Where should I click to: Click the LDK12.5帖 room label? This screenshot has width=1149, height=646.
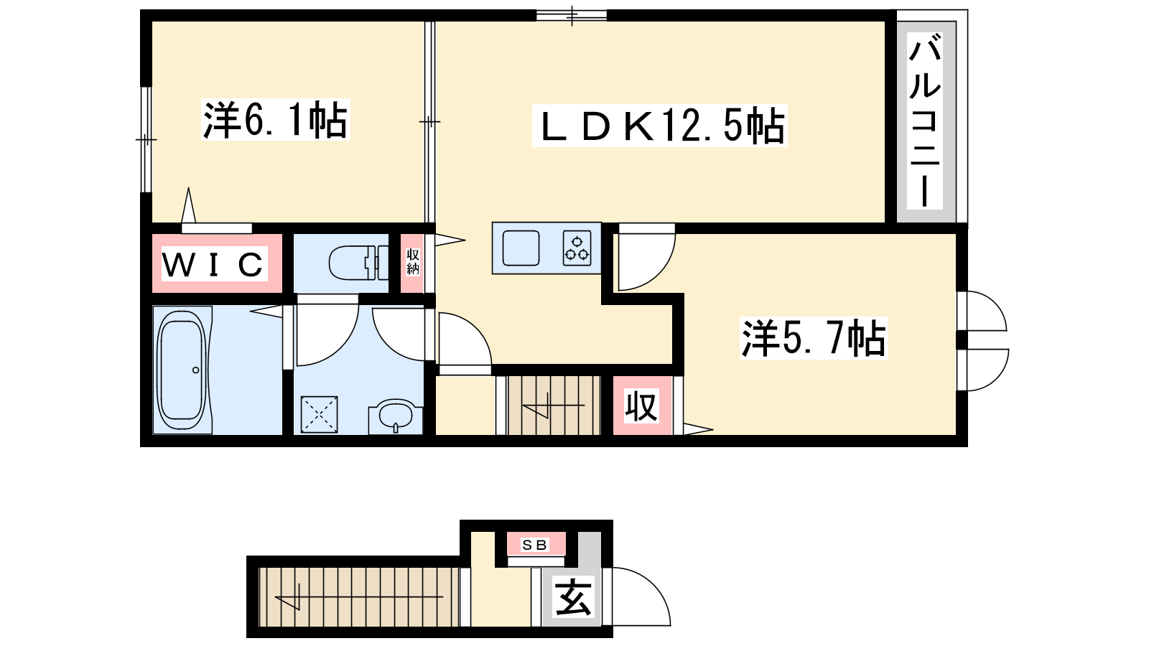pos(660,126)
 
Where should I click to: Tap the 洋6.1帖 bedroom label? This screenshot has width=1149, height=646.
pos(276,119)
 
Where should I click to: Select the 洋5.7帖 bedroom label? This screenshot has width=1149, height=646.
pos(814,338)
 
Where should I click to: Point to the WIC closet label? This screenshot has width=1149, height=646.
pos(215,264)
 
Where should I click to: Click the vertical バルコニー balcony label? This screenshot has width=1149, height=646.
pos(924,121)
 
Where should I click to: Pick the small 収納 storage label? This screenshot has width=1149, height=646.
pos(412,261)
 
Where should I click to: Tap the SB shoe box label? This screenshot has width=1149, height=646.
pos(535,545)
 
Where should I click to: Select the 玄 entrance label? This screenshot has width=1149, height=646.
pos(573,598)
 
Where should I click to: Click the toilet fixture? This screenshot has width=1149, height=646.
pos(358,263)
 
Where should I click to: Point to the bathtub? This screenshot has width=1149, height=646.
pos(183,370)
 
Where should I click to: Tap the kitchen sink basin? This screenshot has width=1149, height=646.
pos(521,248)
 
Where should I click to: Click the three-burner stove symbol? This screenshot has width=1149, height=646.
pos(577,248)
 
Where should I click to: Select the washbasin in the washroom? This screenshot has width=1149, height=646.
pos(396,416)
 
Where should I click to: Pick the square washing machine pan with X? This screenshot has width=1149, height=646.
pos(319,414)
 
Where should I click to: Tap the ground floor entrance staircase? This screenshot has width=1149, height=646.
pos(359,596)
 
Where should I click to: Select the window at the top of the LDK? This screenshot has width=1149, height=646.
pos(572,15)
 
